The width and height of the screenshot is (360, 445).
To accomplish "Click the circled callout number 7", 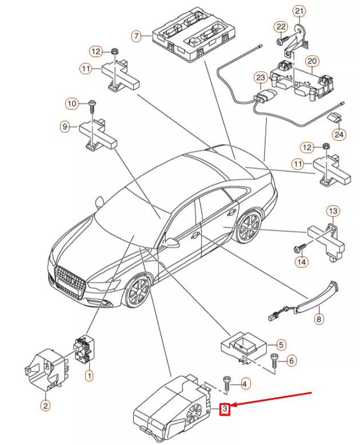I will point(136,37).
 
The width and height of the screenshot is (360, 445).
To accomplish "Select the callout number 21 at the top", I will point(299,11).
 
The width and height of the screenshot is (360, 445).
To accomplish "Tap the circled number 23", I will point(260,77).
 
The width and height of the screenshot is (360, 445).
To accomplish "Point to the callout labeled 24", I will point(340,135).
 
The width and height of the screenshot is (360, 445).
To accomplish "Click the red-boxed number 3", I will point(225,408).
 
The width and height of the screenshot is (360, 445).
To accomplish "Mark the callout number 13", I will point(333,212).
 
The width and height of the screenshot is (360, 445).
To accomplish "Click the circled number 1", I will point(89,376).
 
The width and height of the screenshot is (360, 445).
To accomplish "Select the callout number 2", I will point(45,406).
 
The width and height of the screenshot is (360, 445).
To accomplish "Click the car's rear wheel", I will point(249,228).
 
